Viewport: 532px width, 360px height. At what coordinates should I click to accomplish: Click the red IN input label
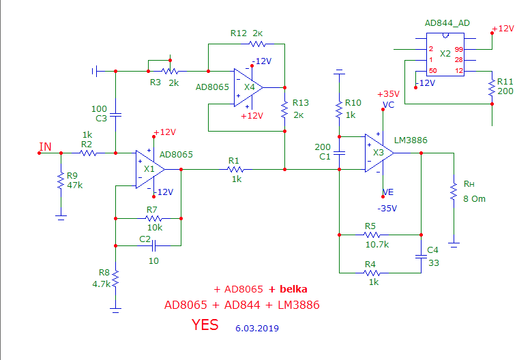point(45,147)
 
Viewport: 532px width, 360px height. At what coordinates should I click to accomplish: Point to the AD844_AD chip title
point(447,22)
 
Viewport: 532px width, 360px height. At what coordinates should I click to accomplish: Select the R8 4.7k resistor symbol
point(116,279)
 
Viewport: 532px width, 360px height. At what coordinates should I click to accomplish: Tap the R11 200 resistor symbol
point(492,88)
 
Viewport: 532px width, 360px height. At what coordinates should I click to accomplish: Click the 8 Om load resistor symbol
point(452,192)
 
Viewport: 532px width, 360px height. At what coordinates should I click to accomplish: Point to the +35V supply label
point(388,93)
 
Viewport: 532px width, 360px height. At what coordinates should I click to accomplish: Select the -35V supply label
point(387,208)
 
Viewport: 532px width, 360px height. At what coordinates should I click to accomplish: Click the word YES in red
point(205,325)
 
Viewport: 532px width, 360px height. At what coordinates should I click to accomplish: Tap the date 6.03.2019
point(257,328)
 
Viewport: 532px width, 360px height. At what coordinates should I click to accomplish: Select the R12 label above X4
point(239,33)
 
